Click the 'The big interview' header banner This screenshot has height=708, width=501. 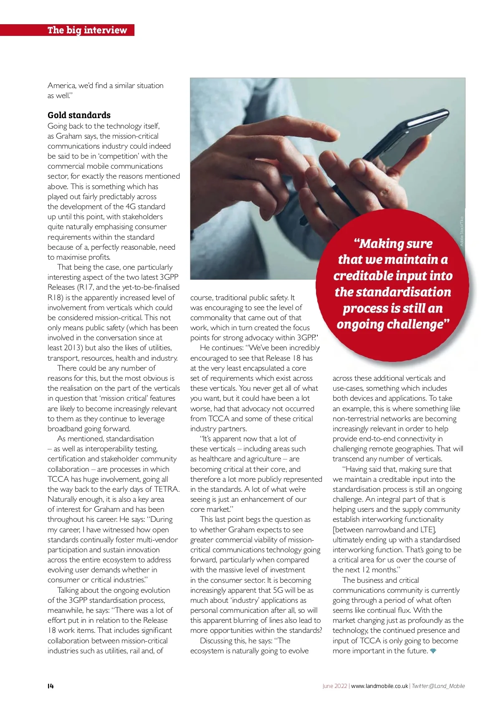[87, 30]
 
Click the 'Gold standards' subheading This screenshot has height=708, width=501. [79, 115]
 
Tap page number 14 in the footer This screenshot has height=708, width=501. [51, 686]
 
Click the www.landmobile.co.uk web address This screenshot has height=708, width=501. [379, 686]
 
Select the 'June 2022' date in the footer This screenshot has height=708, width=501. [334, 686]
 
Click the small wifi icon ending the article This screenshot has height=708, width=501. [433, 651]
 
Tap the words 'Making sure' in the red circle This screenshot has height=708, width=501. [393, 243]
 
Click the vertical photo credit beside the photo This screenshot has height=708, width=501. [461, 230]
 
